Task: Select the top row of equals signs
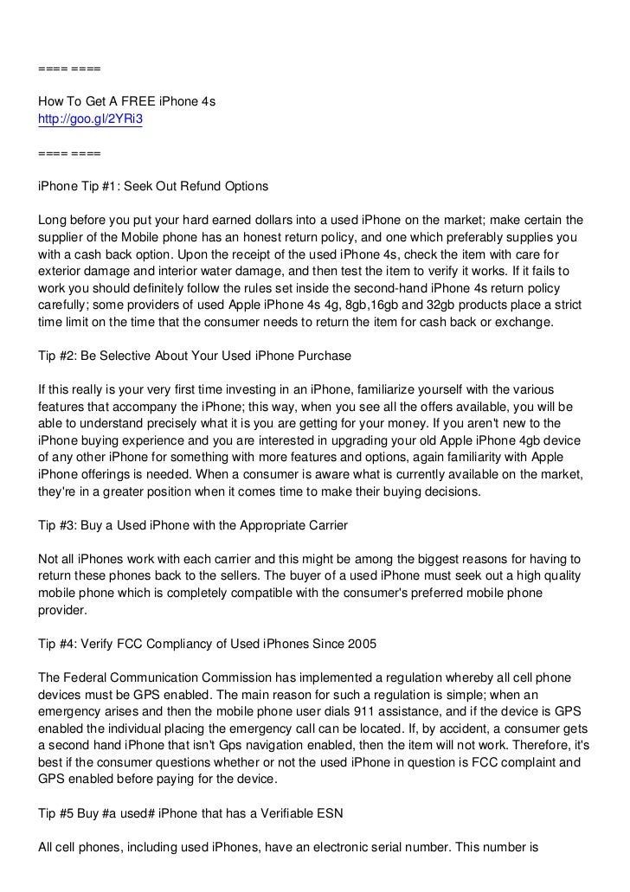pos(69,67)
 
